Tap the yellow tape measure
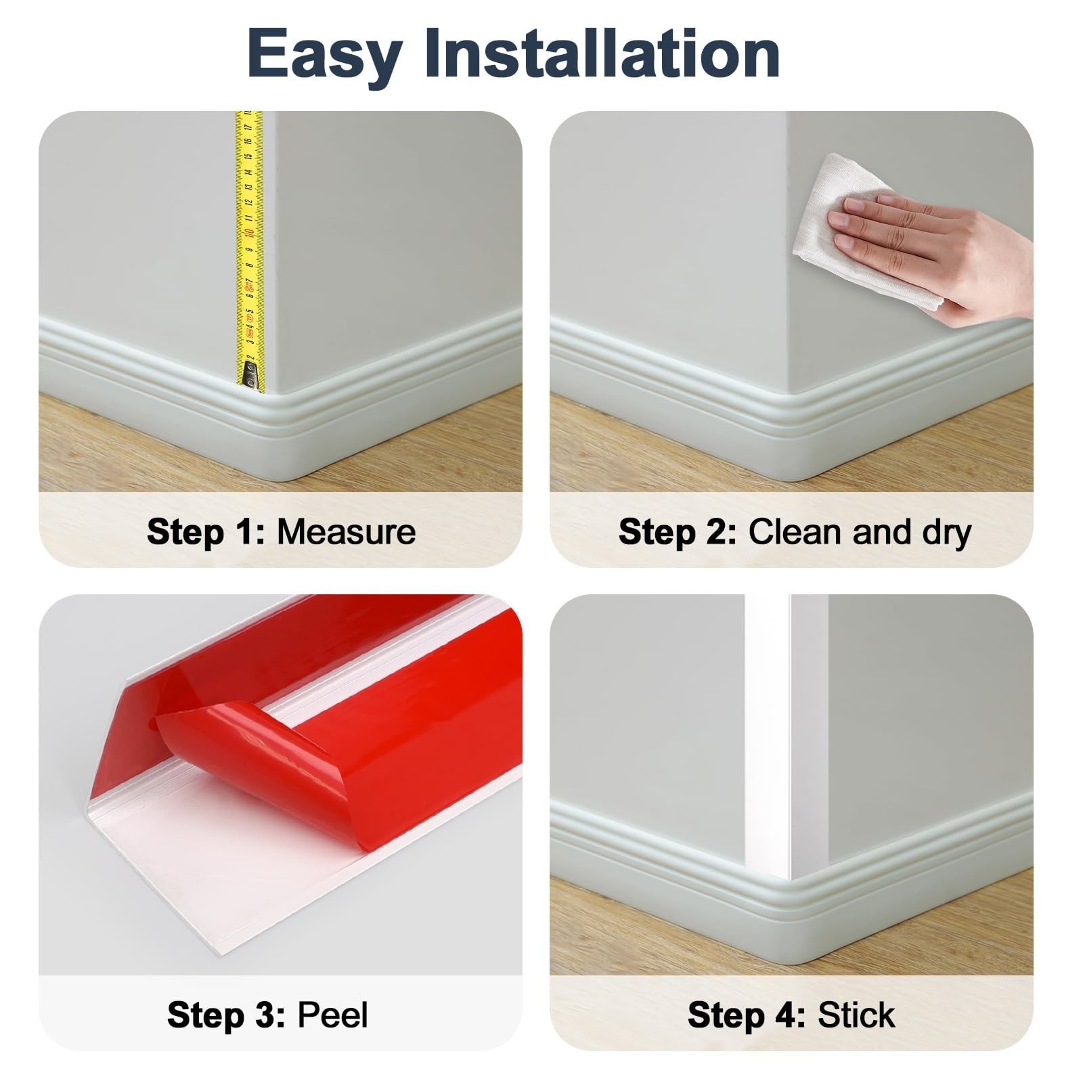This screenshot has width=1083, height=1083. (249, 251)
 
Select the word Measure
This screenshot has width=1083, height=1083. (346, 531)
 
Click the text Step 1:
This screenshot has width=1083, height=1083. (206, 531)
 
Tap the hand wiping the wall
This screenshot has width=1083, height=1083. (934, 254)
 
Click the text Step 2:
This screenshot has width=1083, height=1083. (678, 531)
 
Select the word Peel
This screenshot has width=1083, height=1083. (333, 1015)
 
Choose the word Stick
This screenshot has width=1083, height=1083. (856, 1015)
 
